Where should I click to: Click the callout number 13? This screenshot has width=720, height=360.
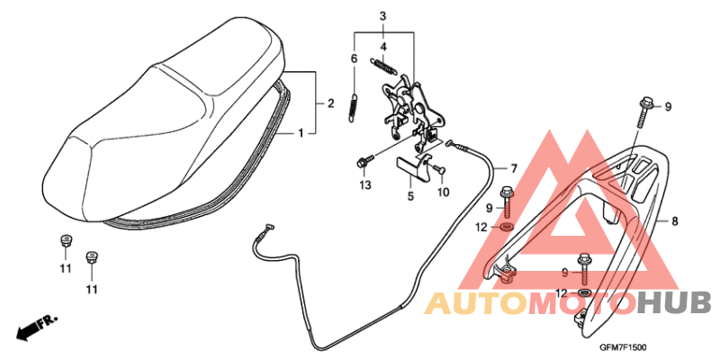365,185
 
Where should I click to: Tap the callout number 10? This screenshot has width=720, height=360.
443,193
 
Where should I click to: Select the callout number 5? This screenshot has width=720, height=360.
410,196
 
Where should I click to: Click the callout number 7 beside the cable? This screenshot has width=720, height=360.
513,169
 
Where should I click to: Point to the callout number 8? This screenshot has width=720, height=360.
674,221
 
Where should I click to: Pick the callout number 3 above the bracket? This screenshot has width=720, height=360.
382,16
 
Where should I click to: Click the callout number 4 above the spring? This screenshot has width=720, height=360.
383,47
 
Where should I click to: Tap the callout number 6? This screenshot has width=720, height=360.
354,58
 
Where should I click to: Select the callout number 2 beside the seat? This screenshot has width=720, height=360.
330,103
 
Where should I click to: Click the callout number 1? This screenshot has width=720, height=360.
301,133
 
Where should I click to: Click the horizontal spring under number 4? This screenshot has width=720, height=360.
383,66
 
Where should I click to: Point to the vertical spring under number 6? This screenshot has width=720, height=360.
354,109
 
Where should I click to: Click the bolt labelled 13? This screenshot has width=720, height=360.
365,161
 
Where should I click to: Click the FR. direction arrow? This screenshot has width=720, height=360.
37,328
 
